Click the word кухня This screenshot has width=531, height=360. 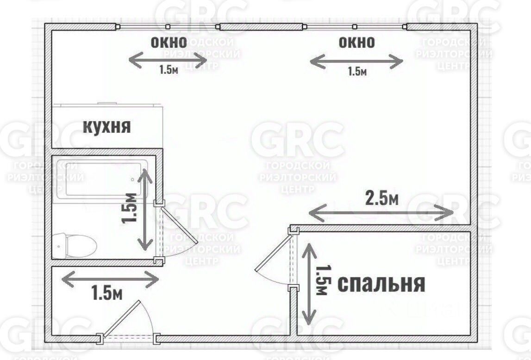click(x=107, y=126)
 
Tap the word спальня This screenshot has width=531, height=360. click(x=381, y=283)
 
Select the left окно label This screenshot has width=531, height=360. click(x=169, y=43)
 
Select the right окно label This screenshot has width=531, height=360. click(x=356, y=43)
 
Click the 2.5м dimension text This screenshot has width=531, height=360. click(x=382, y=199)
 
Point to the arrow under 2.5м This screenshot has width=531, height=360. click(x=381, y=213)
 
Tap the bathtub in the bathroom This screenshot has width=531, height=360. click(x=106, y=179)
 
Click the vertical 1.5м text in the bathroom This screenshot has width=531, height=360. click(x=130, y=208)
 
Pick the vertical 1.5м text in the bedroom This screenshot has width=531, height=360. click(x=322, y=279)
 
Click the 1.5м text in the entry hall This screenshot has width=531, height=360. click(x=106, y=293)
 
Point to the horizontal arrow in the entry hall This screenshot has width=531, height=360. click(x=110, y=279)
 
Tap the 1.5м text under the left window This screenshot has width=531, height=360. click(x=169, y=70)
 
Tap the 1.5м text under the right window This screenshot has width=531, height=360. click(x=357, y=71)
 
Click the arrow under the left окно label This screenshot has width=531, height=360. click(x=167, y=60)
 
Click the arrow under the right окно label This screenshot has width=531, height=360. click(x=356, y=62)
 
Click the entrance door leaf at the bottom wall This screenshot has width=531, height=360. click(x=121, y=318)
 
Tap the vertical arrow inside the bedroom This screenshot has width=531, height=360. click(x=309, y=283)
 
